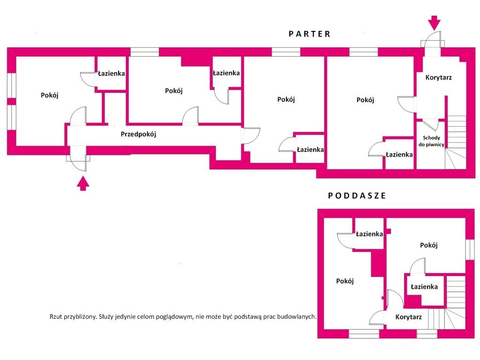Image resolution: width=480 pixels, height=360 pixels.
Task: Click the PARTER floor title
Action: [309, 34]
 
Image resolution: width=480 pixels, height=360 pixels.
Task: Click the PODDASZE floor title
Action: [357, 195]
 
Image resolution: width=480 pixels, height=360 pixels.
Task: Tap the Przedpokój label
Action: [138, 134]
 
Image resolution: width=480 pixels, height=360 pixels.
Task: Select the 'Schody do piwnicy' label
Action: [431, 141]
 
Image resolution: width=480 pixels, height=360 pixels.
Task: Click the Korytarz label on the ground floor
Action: [438, 77]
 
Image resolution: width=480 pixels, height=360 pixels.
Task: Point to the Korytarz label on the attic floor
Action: [408, 317]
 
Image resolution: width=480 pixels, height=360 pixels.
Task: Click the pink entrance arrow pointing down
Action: [434, 23]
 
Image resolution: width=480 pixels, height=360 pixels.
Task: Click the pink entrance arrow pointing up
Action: [82, 183]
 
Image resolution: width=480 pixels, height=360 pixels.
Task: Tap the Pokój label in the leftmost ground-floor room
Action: [50, 95]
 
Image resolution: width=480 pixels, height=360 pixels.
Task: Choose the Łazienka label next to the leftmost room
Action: [112, 74]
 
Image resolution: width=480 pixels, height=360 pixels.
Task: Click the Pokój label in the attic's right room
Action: [428, 245]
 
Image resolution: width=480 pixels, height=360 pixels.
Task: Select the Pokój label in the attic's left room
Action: [345, 281]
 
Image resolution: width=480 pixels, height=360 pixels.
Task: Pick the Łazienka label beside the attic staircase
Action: [424, 287]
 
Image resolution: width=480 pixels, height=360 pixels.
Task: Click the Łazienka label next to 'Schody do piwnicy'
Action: [399, 155]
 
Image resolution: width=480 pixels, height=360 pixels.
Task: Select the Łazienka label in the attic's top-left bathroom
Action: [369, 234]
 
